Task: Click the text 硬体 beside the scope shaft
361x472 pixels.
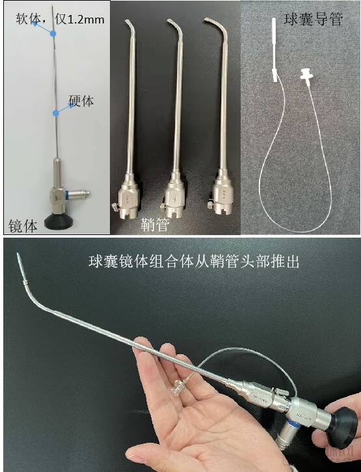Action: [82, 102]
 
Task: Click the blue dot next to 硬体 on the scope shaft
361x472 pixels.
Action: [55, 113]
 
